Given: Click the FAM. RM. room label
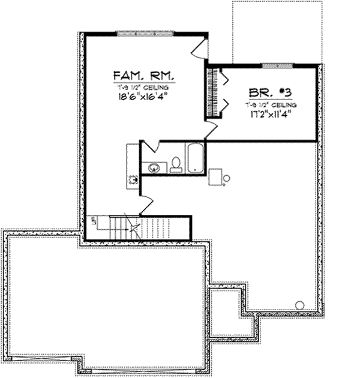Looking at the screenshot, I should point(143,76).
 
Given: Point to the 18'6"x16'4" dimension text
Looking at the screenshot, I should point(143,96).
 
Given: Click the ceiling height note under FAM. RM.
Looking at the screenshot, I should point(143,87).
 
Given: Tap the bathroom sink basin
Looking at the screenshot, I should point(155,168).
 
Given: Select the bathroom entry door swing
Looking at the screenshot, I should point(151,146).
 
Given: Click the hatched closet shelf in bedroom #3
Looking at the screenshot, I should point(211,90).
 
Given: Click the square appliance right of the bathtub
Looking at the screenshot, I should point(215,176).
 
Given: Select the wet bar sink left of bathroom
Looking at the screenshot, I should point(133,178).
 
